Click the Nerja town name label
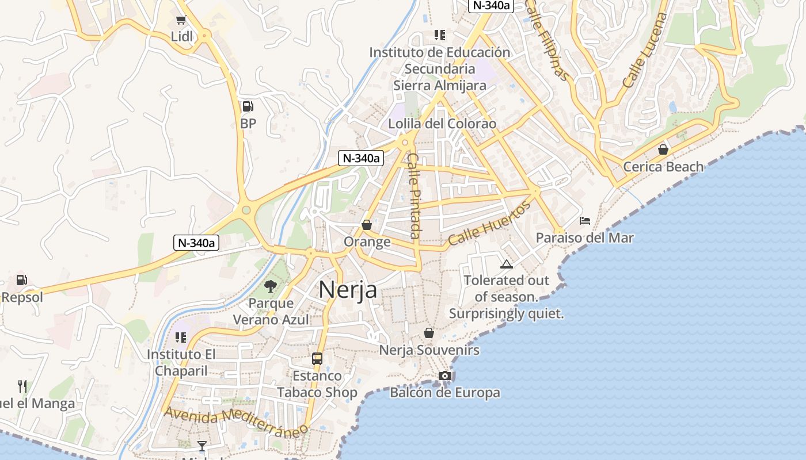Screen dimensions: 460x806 click(x=348, y=289)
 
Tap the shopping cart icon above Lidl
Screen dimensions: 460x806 click(x=181, y=20)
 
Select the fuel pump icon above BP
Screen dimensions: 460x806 click(x=248, y=106)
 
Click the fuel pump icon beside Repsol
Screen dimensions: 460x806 click(x=21, y=280)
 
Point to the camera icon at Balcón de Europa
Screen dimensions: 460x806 click(x=444, y=375)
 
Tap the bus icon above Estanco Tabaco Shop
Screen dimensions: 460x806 click(x=317, y=359)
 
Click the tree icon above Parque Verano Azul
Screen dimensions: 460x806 click(x=270, y=286)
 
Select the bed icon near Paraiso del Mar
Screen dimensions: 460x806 click(x=585, y=220)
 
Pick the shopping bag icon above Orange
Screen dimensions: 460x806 click(x=367, y=225)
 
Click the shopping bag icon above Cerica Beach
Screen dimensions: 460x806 click(x=663, y=149)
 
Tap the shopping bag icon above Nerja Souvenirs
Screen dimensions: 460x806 click(x=429, y=333)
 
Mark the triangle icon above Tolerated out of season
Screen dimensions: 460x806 click(x=507, y=264)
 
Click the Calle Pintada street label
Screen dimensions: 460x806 click(x=413, y=195)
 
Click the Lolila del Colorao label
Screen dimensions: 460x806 click(x=442, y=124)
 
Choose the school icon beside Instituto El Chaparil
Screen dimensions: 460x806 click(x=181, y=338)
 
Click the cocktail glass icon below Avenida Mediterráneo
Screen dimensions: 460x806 click(x=202, y=446)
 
